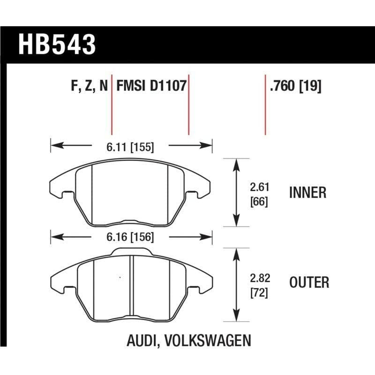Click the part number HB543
coord(57,45)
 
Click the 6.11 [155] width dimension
coord(130,147)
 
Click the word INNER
coord(308,192)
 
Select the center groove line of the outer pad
coord(132,286)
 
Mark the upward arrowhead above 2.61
coord(235,162)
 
